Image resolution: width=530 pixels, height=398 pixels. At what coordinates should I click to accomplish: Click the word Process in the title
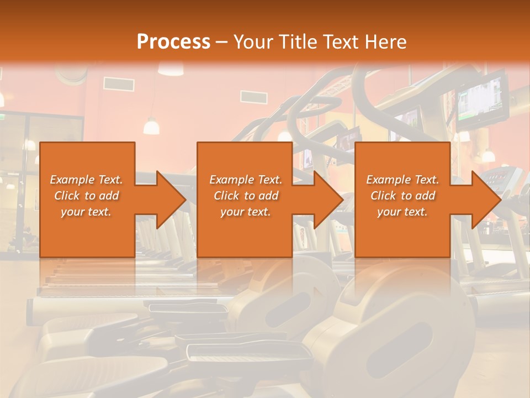173,41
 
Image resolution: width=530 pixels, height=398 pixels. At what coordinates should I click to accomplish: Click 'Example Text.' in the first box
87,180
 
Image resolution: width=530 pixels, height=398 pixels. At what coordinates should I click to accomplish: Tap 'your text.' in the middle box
245,212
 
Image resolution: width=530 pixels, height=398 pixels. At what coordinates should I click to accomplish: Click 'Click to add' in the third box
402,196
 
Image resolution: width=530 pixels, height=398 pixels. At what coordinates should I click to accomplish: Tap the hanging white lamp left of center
151,127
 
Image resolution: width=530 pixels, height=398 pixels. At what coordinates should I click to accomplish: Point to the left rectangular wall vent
118,84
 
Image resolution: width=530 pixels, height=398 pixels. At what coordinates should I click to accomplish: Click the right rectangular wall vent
254,96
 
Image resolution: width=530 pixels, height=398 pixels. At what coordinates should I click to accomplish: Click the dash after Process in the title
222,42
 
